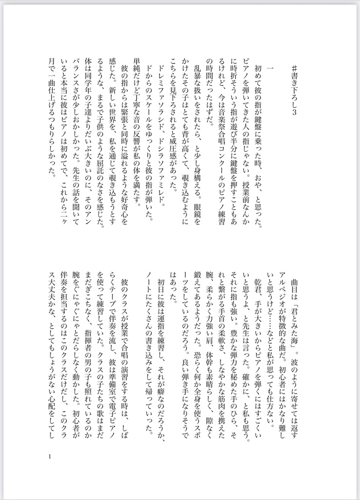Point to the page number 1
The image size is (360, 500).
(50, 457)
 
